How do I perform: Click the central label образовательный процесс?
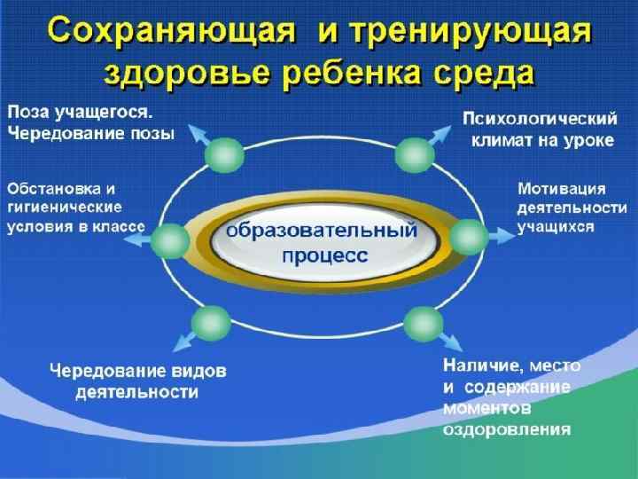(x=321, y=241)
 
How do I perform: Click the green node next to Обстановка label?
(x=171, y=239)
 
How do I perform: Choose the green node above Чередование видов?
(x=212, y=322)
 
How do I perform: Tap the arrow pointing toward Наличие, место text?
(x=452, y=342)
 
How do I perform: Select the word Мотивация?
(x=561, y=188)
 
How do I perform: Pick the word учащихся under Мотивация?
(x=556, y=227)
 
